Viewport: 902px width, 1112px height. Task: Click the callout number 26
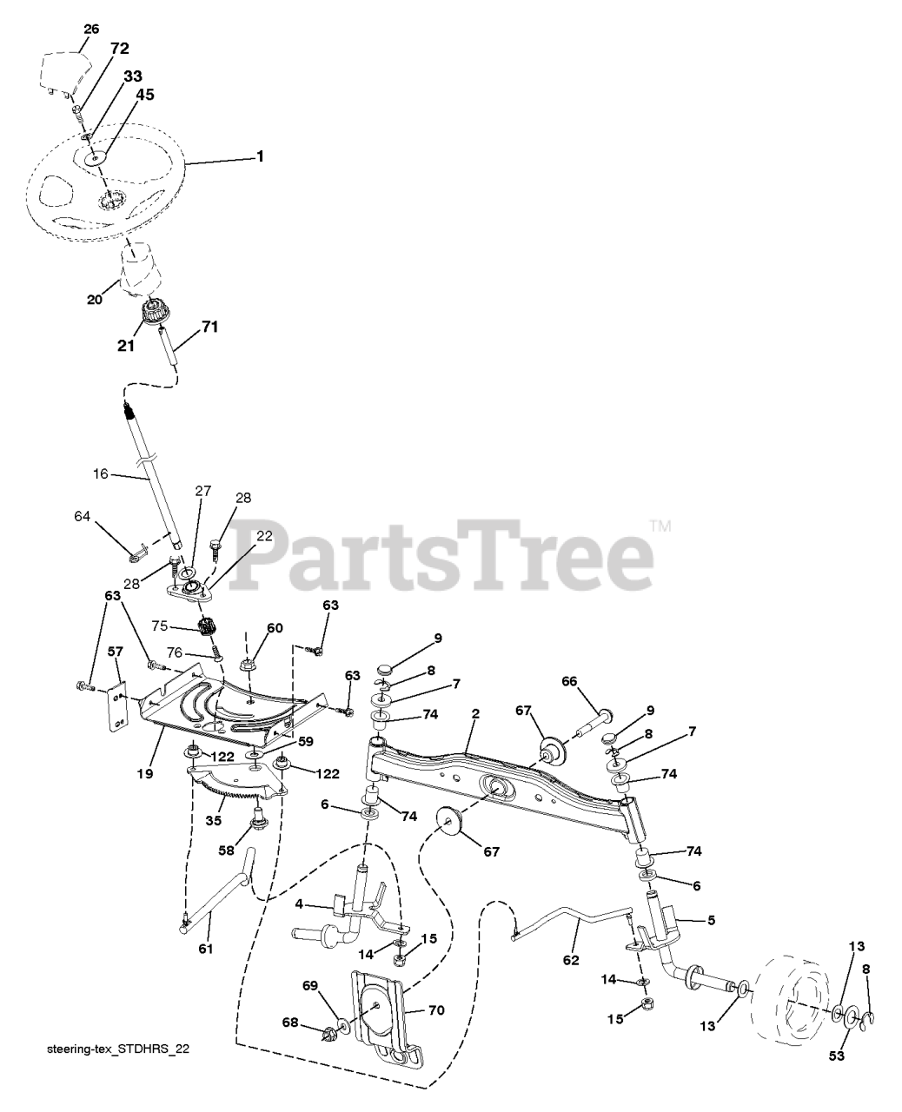click(91, 29)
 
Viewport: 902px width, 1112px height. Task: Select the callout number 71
click(209, 327)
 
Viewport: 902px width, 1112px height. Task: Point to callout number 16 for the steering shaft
click(101, 474)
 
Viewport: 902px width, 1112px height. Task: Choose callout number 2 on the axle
click(475, 713)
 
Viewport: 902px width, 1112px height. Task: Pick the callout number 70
click(436, 1010)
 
